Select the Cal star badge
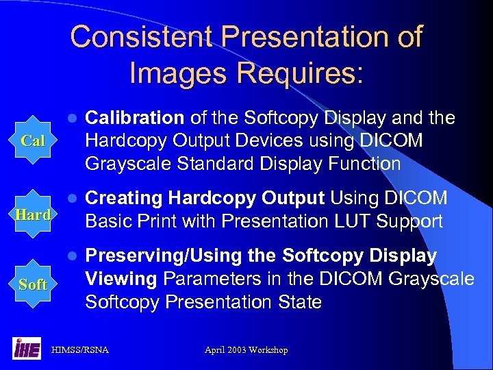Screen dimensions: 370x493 pyautogui.click(x=33, y=141)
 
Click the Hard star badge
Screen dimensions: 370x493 pyautogui.click(x=33, y=214)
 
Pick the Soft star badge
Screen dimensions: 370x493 pyautogui.click(x=33, y=284)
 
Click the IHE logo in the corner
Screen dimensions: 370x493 pyautogui.click(x=27, y=349)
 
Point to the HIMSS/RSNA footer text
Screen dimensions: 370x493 pyautogui.click(x=80, y=350)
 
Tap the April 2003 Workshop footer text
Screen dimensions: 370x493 pyautogui.click(x=246, y=350)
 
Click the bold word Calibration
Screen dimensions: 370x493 pyautogui.click(x=134, y=119)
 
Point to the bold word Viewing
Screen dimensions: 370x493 pyautogui.click(x=121, y=280)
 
